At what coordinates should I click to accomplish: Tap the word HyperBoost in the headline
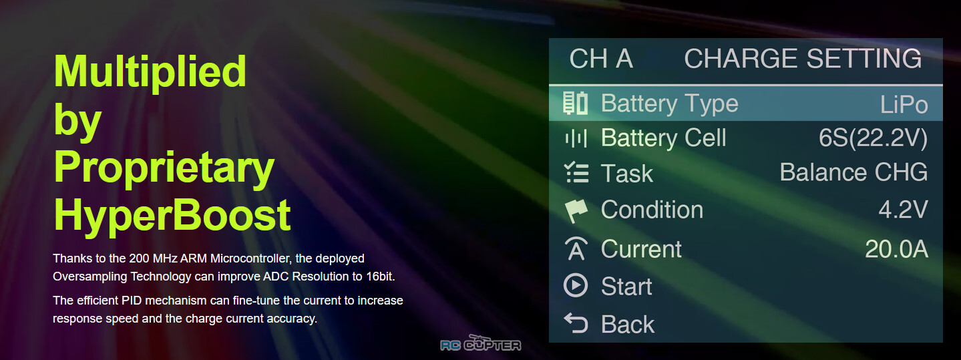click(x=172, y=216)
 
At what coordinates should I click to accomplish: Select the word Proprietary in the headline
click(x=164, y=169)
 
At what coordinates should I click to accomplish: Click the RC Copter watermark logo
click(x=481, y=343)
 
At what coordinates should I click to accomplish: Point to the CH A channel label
click(x=601, y=58)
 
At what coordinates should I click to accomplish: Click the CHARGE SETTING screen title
click(x=803, y=58)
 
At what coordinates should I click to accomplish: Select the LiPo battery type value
click(x=904, y=104)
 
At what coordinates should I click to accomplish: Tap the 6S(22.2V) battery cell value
click(x=873, y=138)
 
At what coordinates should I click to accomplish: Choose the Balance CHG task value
click(x=853, y=172)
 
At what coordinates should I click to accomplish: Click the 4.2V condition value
click(x=903, y=210)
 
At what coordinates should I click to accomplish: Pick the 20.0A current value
click(x=897, y=249)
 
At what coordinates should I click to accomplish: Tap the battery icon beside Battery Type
click(x=575, y=103)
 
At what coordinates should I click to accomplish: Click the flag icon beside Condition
click(x=576, y=210)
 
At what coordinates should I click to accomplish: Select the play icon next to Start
click(x=575, y=285)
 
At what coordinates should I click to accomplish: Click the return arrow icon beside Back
click(x=575, y=323)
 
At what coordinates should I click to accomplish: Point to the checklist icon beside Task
click(x=576, y=172)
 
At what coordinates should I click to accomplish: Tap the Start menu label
click(x=626, y=287)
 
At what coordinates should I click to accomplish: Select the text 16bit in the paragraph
click(x=380, y=277)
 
